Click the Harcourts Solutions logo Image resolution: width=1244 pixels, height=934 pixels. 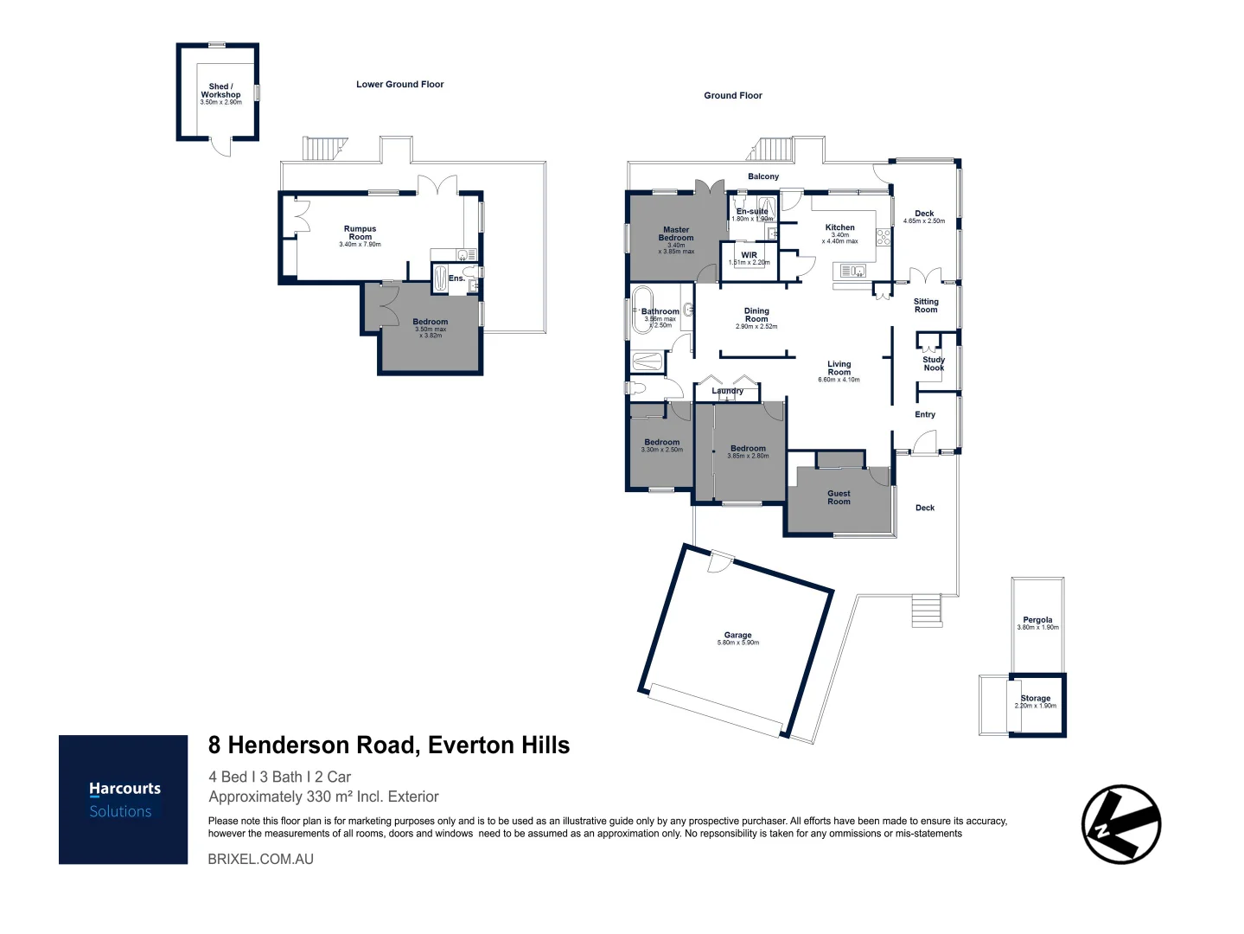click(x=124, y=799)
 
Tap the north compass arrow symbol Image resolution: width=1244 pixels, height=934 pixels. click(x=1120, y=824)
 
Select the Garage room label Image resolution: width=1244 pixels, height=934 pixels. click(x=737, y=635)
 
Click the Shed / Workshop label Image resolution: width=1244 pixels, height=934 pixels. click(x=220, y=90)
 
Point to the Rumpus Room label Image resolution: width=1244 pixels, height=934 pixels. click(x=360, y=233)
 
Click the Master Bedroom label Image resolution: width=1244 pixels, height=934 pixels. click(x=676, y=233)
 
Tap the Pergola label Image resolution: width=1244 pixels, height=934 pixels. click(x=1037, y=619)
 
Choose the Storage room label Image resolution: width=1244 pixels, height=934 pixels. click(x=1036, y=698)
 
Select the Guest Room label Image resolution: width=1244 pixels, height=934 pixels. click(x=839, y=497)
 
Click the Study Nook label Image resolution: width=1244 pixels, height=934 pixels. click(x=934, y=363)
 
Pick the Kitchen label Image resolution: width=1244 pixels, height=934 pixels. click(x=839, y=227)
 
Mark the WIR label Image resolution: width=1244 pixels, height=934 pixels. click(x=749, y=255)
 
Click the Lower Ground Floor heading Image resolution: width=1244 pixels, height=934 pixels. click(x=399, y=85)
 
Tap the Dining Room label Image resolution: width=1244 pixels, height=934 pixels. click(x=756, y=315)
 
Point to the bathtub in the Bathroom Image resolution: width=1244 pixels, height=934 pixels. click(x=645, y=311)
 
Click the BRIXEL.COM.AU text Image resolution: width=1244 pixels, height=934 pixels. click(x=260, y=859)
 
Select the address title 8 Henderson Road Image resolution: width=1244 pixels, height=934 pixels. click(x=389, y=745)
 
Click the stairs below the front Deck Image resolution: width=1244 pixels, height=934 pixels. click(x=927, y=611)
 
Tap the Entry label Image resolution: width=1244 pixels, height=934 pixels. click(x=925, y=414)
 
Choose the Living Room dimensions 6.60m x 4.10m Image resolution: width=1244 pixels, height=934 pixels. click(x=839, y=380)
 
